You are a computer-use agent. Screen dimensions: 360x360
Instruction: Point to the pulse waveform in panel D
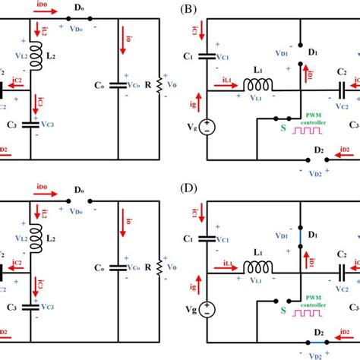[312, 312]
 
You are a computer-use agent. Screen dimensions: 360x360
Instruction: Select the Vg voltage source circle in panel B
[208, 128]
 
